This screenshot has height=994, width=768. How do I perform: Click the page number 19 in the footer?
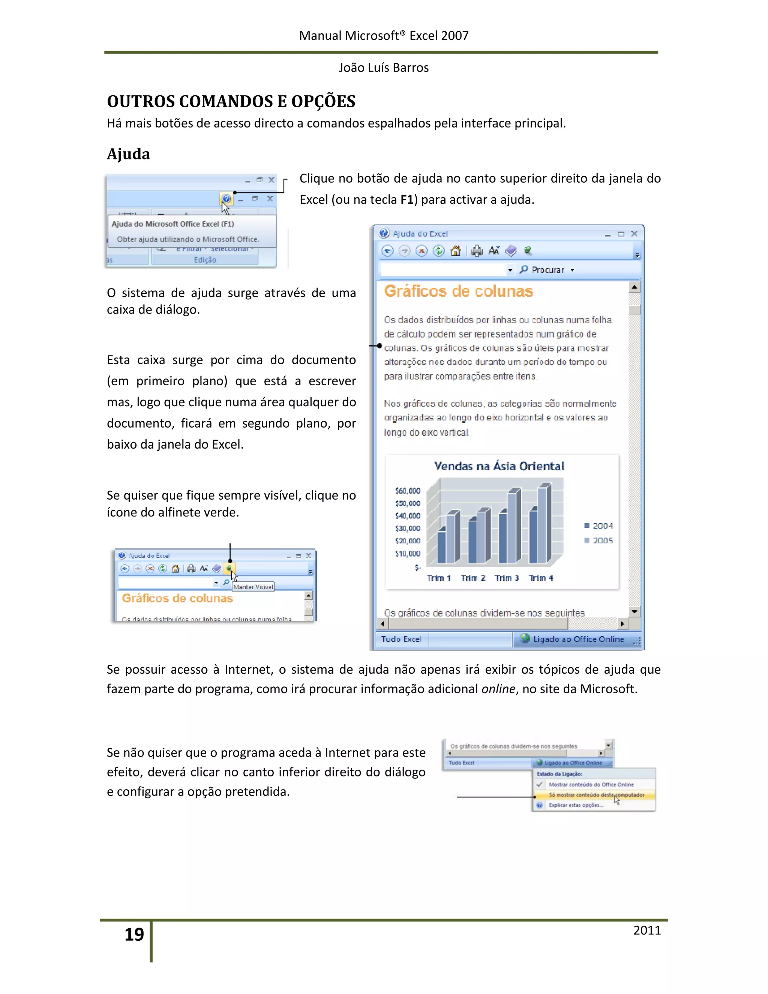[134, 934]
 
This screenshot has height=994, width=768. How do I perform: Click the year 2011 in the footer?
[646, 930]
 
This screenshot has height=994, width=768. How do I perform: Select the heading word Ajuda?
[128, 154]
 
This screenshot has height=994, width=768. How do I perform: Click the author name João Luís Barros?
[383, 68]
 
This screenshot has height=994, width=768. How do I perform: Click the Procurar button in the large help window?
[547, 270]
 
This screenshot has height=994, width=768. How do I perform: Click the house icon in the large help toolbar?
[455, 251]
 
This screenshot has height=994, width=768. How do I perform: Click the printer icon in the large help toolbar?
[476, 251]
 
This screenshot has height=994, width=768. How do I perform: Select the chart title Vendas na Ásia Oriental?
[499, 466]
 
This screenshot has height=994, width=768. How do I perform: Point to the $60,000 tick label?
[408, 491]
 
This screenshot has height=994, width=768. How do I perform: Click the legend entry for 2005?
[599, 541]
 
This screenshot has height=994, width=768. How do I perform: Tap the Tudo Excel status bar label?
[401, 639]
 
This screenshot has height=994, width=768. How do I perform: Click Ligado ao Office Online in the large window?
[578, 639]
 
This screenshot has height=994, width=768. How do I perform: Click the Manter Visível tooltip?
[253, 587]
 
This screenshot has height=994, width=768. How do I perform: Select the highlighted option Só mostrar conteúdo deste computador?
[596, 795]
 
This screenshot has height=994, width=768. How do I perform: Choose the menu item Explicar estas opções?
[576, 805]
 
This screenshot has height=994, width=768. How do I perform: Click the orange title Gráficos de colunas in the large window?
[458, 291]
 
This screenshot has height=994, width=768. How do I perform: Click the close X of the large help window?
[634, 233]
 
